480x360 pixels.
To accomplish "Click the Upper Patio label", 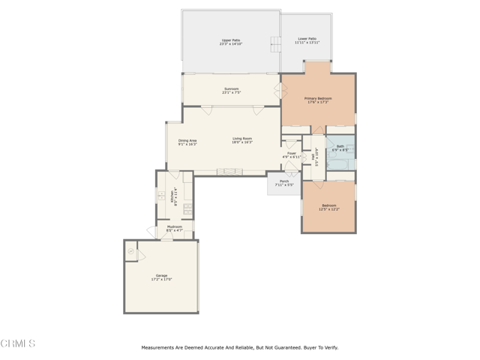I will pyautogui.click(x=230, y=40).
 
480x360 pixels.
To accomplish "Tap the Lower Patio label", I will pyautogui.click(x=306, y=38).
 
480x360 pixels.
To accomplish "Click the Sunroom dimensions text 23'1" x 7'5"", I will pyautogui.click(x=231, y=93).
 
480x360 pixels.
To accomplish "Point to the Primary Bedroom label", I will pyautogui.click(x=318, y=98).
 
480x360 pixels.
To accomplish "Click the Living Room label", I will pyautogui.click(x=241, y=138).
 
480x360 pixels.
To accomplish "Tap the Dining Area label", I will pyautogui.click(x=187, y=140).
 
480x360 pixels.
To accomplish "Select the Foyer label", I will pyautogui.click(x=292, y=153).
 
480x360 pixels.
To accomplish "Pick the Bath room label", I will pyautogui.click(x=340, y=146).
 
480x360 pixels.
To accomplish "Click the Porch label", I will pyautogui.click(x=284, y=181).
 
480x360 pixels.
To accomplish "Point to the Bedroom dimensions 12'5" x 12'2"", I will pyautogui.click(x=329, y=209).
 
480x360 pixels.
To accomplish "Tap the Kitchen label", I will pyautogui.click(x=173, y=196).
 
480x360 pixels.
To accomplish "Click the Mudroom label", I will pyautogui.click(x=175, y=226).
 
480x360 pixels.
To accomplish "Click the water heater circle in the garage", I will pyautogui.click(x=131, y=253).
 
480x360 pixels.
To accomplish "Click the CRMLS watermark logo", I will pyautogui.click(x=18, y=343).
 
